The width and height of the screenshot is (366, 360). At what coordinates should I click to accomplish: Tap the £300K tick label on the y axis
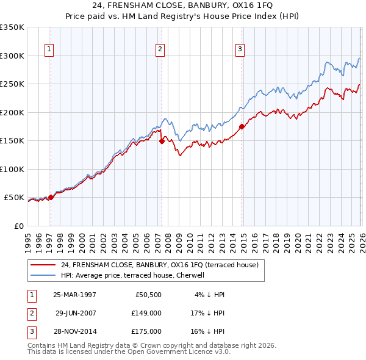12,56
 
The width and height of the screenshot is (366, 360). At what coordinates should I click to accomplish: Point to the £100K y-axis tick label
12,169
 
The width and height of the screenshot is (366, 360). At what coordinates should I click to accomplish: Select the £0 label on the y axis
18,226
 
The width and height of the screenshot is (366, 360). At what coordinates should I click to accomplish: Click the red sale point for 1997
51,197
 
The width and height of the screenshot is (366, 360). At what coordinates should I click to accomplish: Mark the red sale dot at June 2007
162,141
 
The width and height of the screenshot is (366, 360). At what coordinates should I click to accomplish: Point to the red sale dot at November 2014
242,126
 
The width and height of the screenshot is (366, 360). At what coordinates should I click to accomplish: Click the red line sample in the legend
43,265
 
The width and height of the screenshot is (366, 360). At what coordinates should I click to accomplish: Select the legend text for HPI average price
136,275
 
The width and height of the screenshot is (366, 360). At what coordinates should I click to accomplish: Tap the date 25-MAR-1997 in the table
74,295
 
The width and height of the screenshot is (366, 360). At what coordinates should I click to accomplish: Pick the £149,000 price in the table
146,313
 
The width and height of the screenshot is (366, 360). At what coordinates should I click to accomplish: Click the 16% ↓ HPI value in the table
209,331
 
